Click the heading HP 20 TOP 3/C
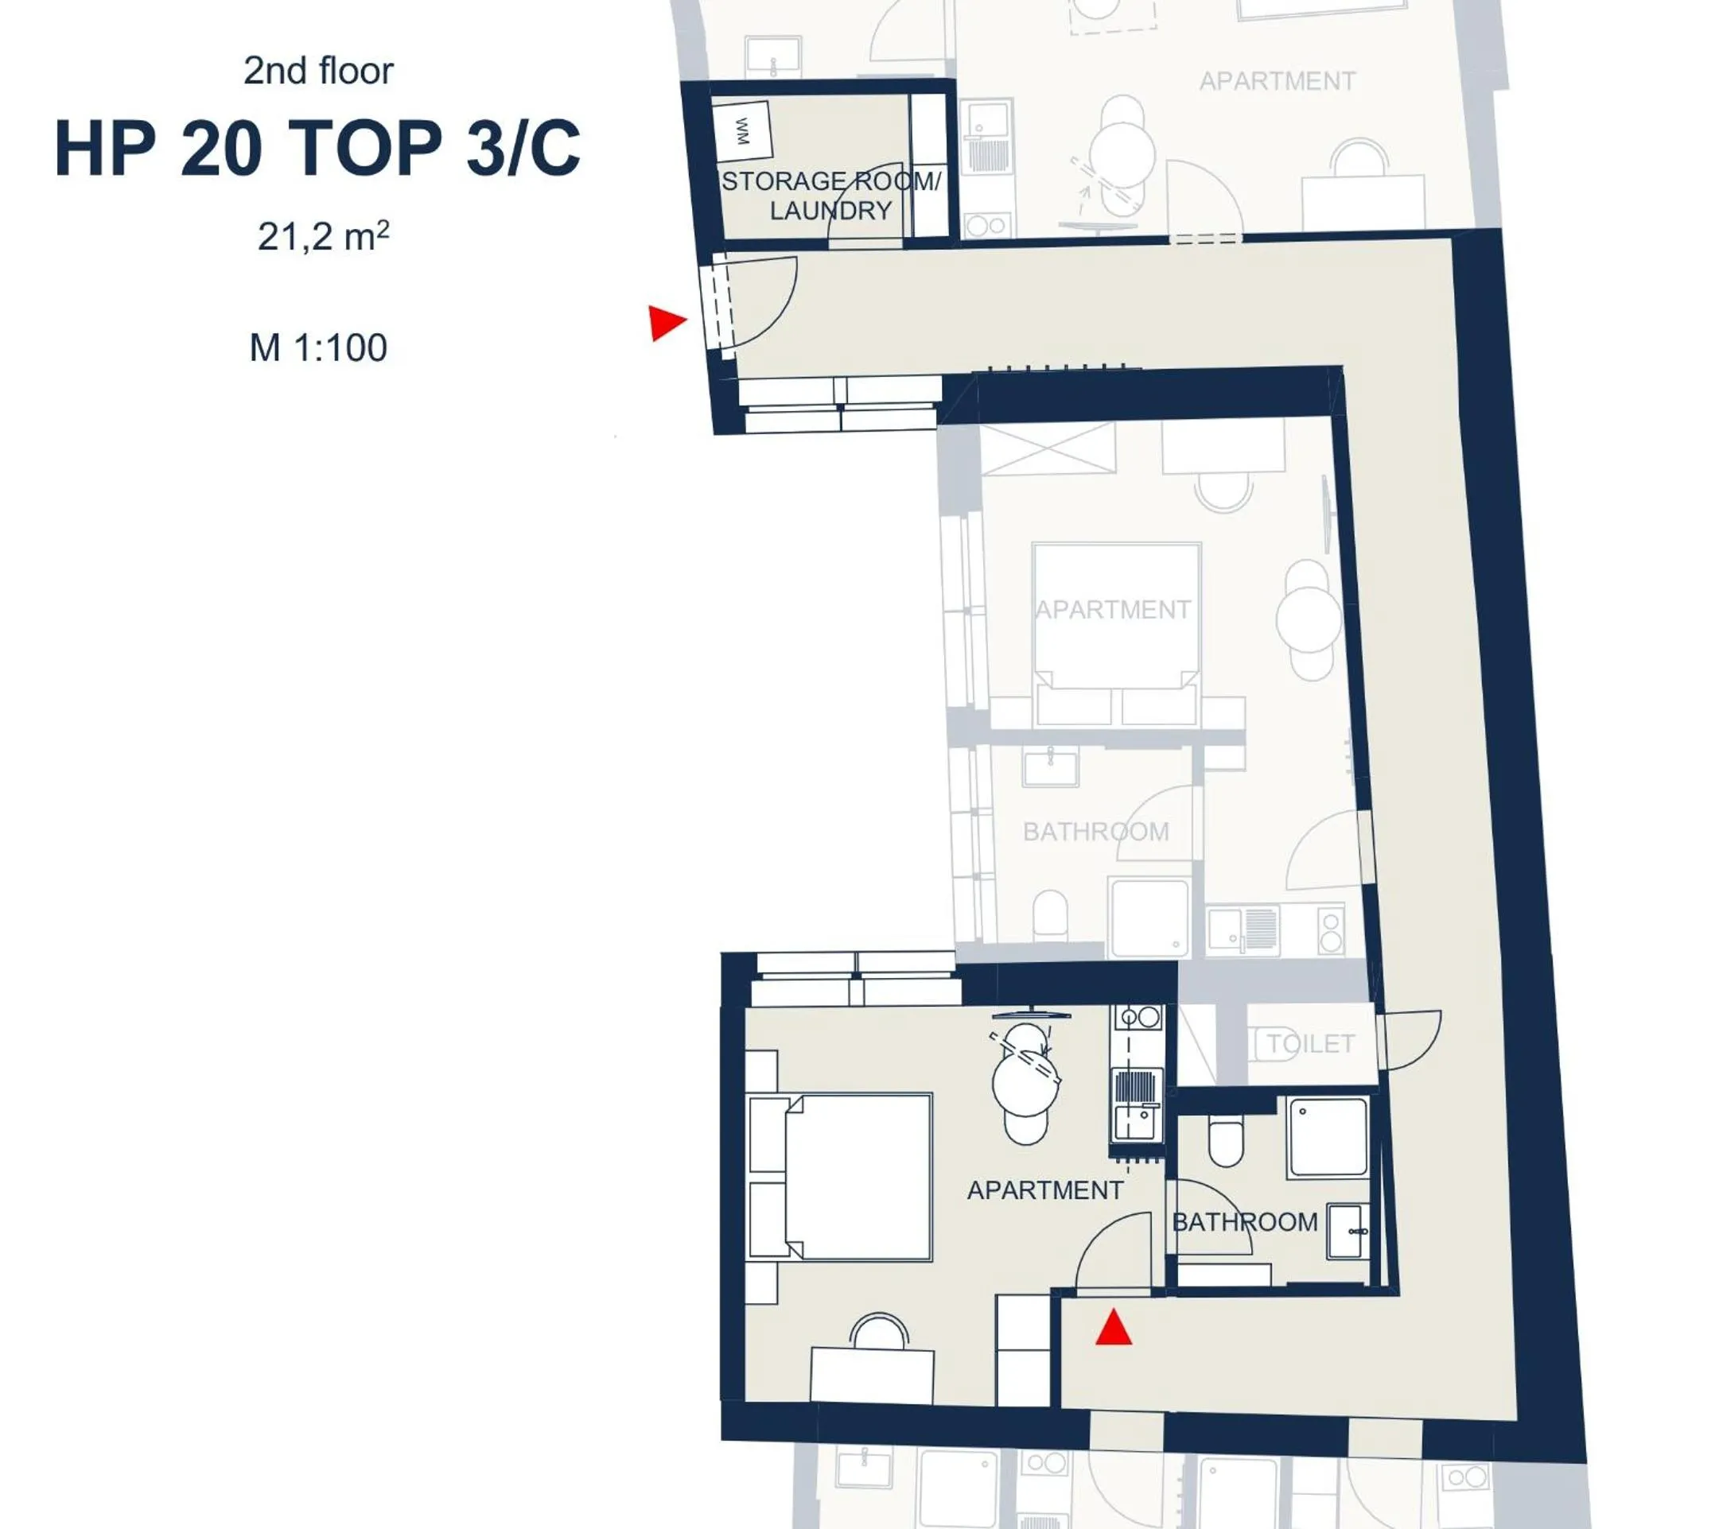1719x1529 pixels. (x=317, y=149)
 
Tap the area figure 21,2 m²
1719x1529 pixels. (x=323, y=237)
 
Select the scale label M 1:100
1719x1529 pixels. (x=318, y=348)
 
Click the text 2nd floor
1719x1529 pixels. (x=318, y=72)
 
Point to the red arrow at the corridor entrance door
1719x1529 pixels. (x=667, y=323)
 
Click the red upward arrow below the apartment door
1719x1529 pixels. (x=1113, y=1329)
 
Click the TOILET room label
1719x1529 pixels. (x=1310, y=1044)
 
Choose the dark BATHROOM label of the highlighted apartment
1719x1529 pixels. (x=1245, y=1222)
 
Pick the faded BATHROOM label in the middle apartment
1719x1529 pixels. (x=1095, y=832)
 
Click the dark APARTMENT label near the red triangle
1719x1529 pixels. (x=1044, y=1190)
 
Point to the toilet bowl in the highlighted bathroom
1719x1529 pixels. (x=1225, y=1141)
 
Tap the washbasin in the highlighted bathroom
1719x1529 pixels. (x=1348, y=1232)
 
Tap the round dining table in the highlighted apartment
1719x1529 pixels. (x=1025, y=1083)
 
